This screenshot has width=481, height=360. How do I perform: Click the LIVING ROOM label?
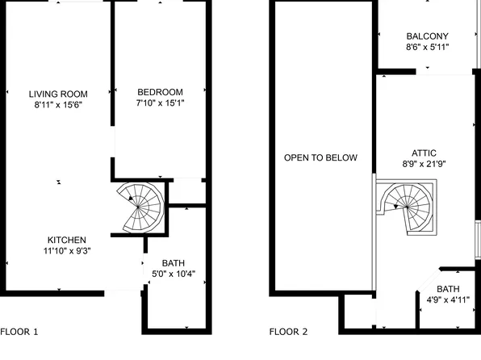point(58,93)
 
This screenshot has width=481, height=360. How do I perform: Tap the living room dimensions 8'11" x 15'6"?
point(58,104)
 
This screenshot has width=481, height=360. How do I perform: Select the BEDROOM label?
point(160,92)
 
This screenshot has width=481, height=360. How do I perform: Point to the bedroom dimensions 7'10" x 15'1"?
point(160,103)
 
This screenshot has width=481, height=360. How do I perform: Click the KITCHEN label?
point(67,240)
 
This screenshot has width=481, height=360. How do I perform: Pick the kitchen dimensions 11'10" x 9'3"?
point(67,250)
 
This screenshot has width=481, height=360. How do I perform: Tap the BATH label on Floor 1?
point(174,263)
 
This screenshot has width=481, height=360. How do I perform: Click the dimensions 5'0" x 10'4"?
point(174,274)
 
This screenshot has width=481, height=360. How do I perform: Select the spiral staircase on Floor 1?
point(142,207)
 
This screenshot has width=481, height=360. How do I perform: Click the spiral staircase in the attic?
point(408,207)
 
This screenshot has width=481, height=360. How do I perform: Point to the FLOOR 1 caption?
point(19,331)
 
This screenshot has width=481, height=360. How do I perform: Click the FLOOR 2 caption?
point(288,331)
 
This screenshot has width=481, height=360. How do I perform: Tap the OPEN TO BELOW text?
point(320,157)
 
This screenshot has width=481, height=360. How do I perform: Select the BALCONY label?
point(427,36)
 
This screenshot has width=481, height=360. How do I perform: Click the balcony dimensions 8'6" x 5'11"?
point(427,48)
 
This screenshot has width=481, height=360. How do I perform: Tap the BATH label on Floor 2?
point(448,289)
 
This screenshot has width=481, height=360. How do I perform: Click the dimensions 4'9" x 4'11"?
point(448,300)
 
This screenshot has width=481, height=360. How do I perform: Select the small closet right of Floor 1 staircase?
point(186,192)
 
